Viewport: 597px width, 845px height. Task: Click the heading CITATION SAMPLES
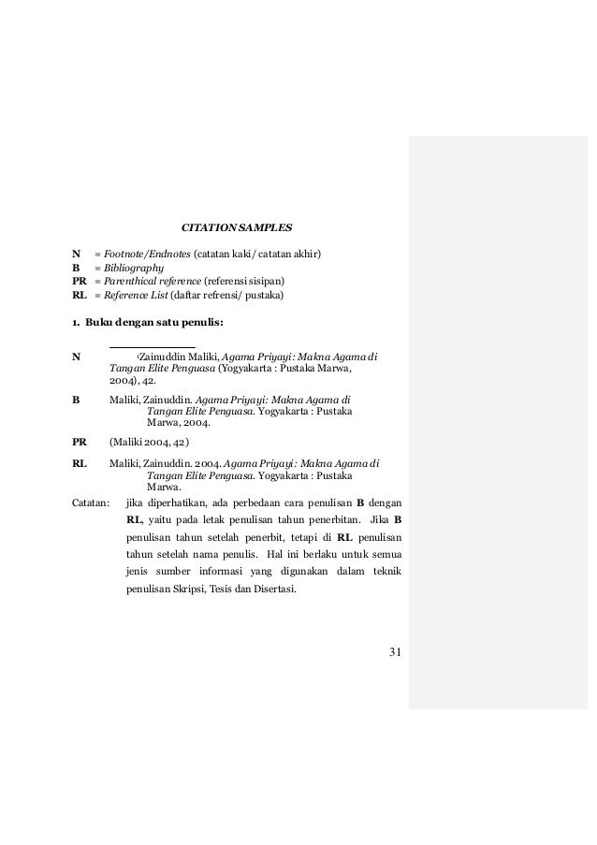tap(236, 226)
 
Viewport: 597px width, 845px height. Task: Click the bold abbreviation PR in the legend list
tap(80, 281)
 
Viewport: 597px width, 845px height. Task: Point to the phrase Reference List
tap(132, 295)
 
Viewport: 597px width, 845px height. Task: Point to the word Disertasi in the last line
tap(272, 590)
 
